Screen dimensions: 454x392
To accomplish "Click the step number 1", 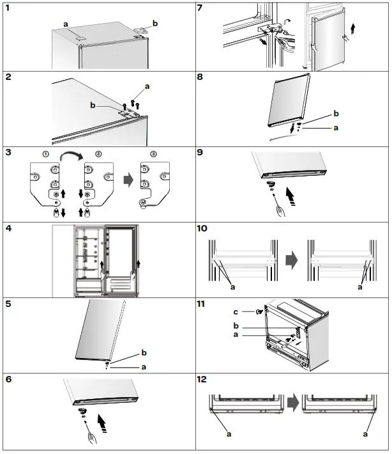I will click(x=7, y=8).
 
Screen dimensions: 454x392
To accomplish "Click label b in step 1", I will click(x=155, y=23).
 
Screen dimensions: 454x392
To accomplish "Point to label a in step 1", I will click(x=65, y=24).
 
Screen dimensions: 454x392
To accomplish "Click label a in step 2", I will click(x=147, y=86).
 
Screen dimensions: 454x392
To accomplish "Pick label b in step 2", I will click(x=93, y=105).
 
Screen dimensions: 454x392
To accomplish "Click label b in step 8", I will click(x=336, y=114).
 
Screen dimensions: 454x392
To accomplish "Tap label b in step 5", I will click(x=144, y=354).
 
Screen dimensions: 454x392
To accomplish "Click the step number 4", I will click(x=7, y=228).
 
